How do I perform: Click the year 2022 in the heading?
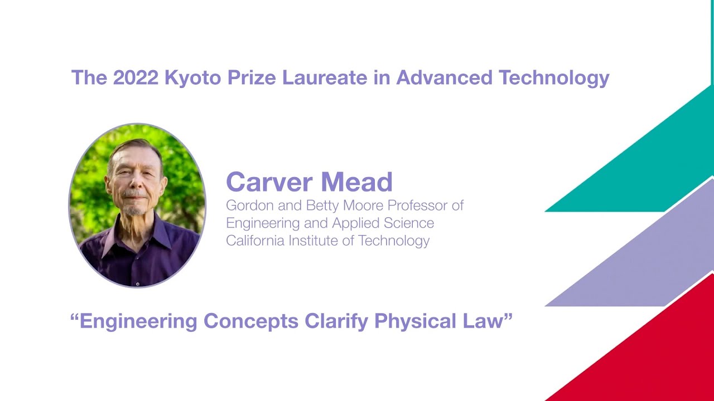coord(136,78)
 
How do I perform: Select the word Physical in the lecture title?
coord(417,321)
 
